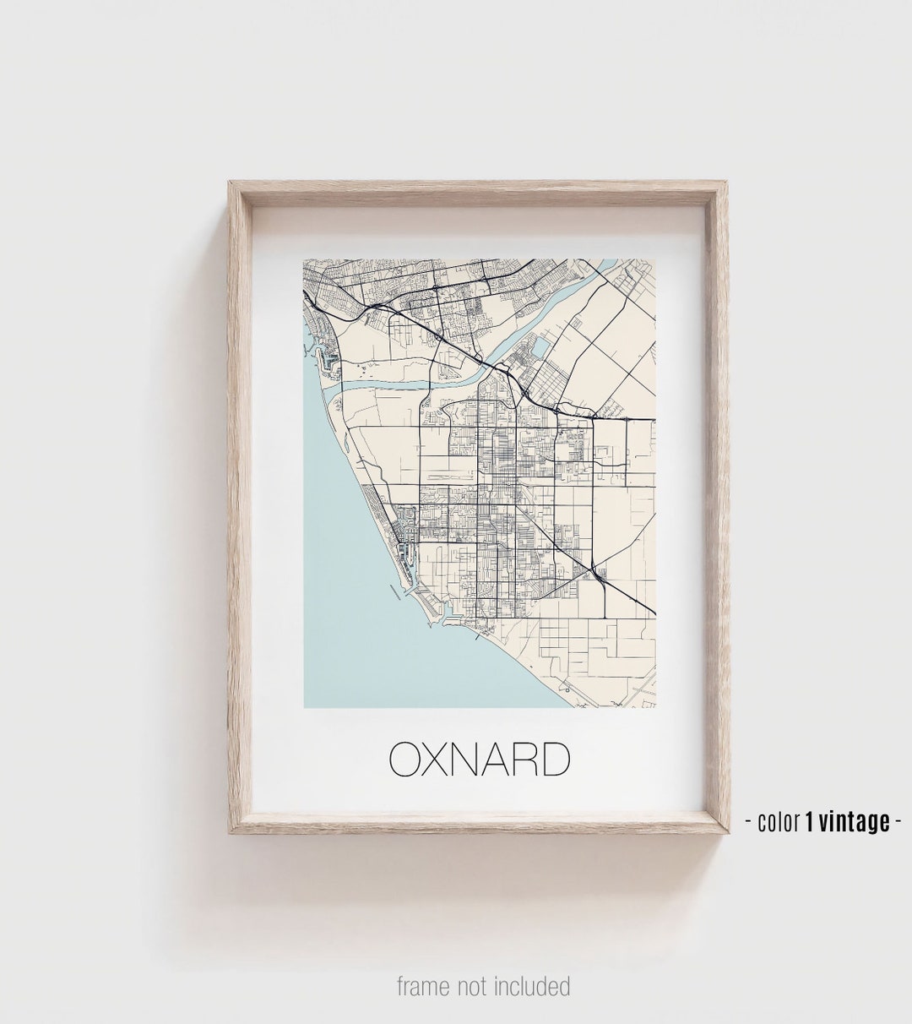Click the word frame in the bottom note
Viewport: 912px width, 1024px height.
pyautogui.click(x=424, y=986)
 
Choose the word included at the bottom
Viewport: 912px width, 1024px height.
pyautogui.click(x=532, y=986)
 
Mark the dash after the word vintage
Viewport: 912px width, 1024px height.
pyautogui.click(x=898, y=820)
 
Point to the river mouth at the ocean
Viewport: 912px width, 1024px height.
pyautogui.click(x=345, y=385)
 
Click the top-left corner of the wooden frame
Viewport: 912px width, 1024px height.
pyautogui.click(x=230, y=182)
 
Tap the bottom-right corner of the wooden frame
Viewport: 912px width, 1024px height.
pyautogui.click(x=727, y=831)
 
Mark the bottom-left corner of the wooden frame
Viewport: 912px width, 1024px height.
pyautogui.click(x=230, y=831)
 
